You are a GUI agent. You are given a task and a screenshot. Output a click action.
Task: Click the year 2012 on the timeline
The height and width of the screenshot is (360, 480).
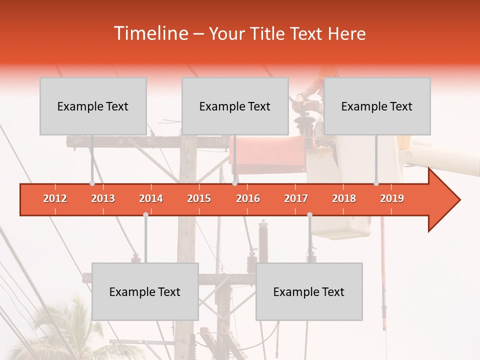pyautogui.click(x=55, y=198)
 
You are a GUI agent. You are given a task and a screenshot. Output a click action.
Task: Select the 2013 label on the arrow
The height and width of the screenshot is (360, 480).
pyautogui.click(x=103, y=198)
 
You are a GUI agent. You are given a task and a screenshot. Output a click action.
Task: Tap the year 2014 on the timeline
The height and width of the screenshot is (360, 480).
pyautogui.click(x=151, y=198)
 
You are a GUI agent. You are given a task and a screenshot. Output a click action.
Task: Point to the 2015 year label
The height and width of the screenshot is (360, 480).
pyautogui.click(x=199, y=198)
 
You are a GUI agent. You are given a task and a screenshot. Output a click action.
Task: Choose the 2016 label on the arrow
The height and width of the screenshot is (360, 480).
pyautogui.click(x=248, y=198)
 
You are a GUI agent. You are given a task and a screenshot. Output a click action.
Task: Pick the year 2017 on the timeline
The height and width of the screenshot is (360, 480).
pyautogui.click(x=296, y=198)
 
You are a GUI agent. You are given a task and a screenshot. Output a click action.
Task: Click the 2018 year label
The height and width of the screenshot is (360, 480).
pyautogui.click(x=344, y=198)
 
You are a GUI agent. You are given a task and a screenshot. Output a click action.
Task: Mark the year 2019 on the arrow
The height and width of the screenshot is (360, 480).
pyautogui.click(x=392, y=198)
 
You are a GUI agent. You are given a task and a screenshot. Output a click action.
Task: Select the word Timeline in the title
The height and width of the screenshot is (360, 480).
pyautogui.click(x=150, y=33)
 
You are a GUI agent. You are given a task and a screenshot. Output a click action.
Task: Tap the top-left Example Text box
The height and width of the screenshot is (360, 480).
pyautogui.click(x=93, y=106)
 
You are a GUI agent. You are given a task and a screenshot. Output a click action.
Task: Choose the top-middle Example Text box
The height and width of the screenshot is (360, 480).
pyautogui.click(x=235, y=106)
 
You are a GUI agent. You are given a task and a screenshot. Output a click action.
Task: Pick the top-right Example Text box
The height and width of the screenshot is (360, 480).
pyautogui.click(x=377, y=106)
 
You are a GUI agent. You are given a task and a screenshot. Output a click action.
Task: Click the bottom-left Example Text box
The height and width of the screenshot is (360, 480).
pyautogui.click(x=145, y=291)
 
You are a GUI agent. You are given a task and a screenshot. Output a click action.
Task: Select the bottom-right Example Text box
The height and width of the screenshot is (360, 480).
pyautogui.click(x=309, y=291)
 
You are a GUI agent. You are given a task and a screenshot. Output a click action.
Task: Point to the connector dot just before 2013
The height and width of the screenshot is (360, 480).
pyautogui.click(x=92, y=183)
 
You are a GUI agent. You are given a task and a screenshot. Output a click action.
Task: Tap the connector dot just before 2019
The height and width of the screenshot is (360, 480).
pyautogui.click(x=376, y=183)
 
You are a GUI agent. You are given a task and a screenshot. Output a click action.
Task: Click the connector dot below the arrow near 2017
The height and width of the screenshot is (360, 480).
pyautogui.click(x=309, y=215)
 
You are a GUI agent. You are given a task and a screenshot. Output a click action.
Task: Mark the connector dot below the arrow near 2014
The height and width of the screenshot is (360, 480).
pyautogui.click(x=145, y=215)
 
